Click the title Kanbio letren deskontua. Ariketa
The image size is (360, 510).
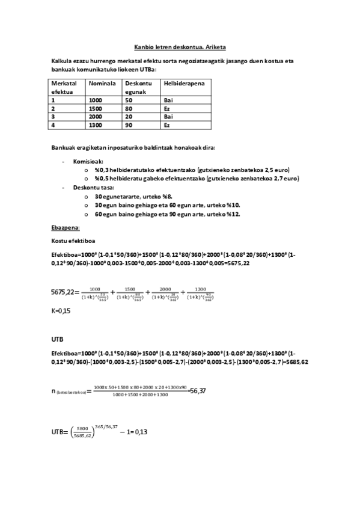[x=180, y=46]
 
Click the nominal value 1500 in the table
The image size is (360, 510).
[x=96, y=108]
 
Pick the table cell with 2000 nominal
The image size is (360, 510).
[x=96, y=117]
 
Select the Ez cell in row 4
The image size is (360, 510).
[x=167, y=125]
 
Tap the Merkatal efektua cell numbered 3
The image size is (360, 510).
[x=53, y=117]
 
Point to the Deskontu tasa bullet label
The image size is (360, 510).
[x=93, y=188]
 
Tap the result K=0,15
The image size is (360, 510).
[x=61, y=310]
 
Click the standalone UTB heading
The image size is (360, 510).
[x=58, y=339]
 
